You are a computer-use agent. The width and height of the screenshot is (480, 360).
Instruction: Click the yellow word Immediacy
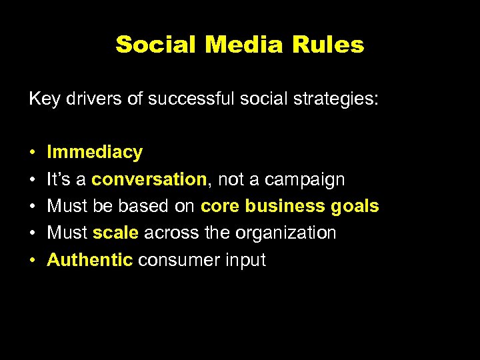pyautogui.click(x=95, y=153)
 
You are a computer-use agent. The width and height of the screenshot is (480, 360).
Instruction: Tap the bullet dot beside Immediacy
pyautogui.click(x=33, y=153)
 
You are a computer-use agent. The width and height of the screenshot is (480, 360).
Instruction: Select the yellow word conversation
pyautogui.click(x=149, y=179)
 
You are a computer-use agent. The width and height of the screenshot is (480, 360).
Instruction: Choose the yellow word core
pyautogui.click(x=220, y=207)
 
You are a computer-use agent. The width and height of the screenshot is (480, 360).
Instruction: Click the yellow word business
pyautogui.click(x=285, y=207)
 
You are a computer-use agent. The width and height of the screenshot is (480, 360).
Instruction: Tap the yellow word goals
pyautogui.click(x=355, y=207)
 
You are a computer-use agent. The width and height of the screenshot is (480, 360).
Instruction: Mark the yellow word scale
pyautogui.click(x=116, y=233)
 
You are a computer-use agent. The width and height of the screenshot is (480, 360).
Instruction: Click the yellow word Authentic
pyautogui.click(x=90, y=260)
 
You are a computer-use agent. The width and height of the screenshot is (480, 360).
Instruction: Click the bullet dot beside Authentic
pyautogui.click(x=33, y=261)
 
